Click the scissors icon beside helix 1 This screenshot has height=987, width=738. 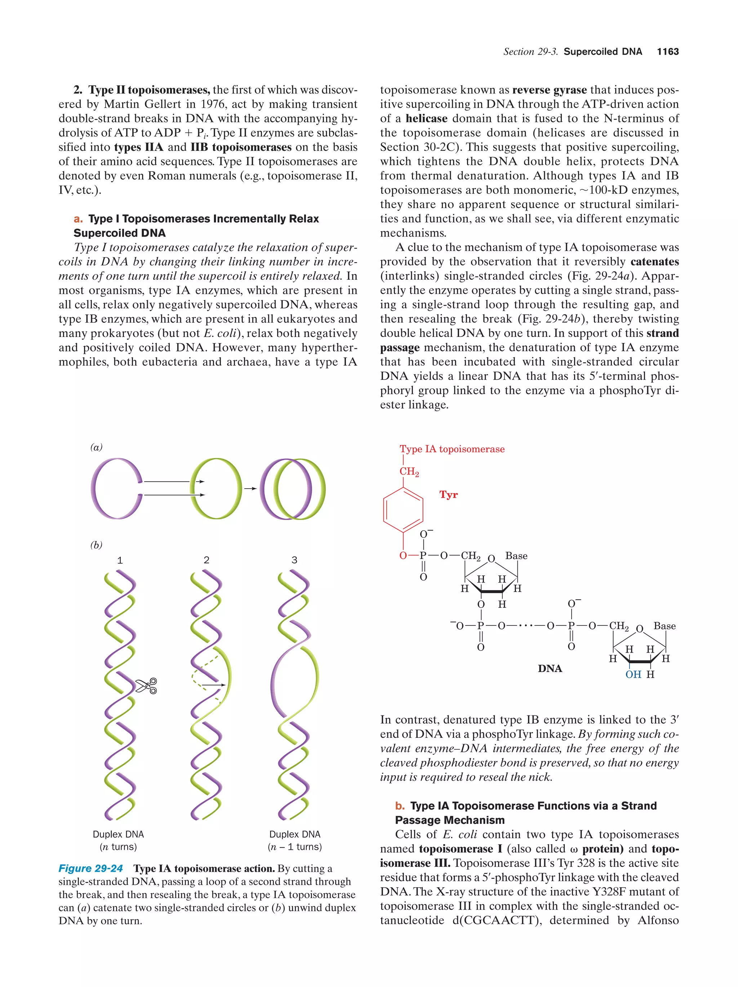click(146, 686)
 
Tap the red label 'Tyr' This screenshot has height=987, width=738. click(448, 494)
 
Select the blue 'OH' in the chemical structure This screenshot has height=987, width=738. click(633, 674)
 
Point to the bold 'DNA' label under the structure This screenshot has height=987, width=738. click(550, 668)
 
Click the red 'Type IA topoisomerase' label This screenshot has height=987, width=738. click(452, 449)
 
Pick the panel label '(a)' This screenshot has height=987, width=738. click(96, 447)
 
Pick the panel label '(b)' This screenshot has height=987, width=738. click(96, 545)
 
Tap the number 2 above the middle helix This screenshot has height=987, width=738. click(206, 560)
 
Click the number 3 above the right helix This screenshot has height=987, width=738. click(294, 560)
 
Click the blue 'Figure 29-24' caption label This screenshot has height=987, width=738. click(91, 868)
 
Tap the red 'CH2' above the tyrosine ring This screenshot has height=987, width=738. click(409, 472)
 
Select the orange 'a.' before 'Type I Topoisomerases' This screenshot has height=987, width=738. click(78, 219)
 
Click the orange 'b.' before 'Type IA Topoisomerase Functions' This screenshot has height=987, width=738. click(400, 806)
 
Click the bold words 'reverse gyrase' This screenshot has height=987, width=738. click(549, 90)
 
